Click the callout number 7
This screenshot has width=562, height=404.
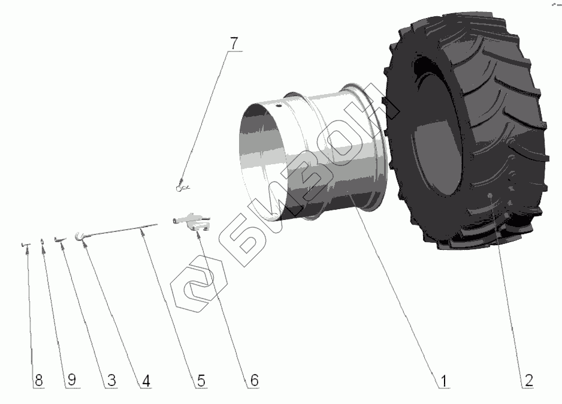tap(234, 44)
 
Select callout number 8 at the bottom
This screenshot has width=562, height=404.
tap(39, 381)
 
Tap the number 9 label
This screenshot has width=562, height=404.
tap(72, 380)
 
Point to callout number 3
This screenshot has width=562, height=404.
tap(111, 381)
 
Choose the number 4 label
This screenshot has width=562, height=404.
tap(146, 381)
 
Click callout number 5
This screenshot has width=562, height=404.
tap(201, 381)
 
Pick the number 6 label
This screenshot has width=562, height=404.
tap(254, 381)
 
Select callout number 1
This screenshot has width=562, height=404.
tap(444, 381)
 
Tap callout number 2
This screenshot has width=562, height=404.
tap(528, 380)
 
